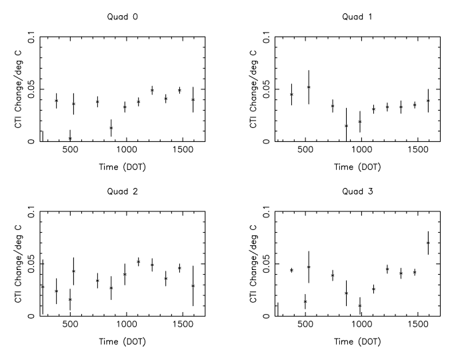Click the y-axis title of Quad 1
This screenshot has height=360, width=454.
click(x=253, y=90)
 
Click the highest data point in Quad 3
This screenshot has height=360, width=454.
click(x=428, y=243)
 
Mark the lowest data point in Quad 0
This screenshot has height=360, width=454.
click(x=70, y=139)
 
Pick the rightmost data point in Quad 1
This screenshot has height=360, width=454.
click(x=428, y=101)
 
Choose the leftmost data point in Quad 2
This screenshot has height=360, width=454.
click(x=43, y=287)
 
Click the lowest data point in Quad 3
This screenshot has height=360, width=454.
click(x=360, y=306)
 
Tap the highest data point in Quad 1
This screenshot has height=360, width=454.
click(x=309, y=87)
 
